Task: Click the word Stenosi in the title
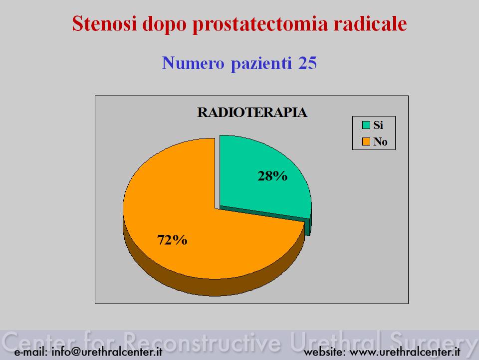tap(104, 23)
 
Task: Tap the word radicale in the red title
tap(370, 23)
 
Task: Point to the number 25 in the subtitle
tap(307, 63)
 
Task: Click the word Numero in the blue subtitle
tap(193, 63)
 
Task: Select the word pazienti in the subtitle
tap(261, 63)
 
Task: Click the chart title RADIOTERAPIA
tap(252, 112)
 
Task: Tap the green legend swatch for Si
tap(366, 125)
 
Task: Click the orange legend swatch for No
tap(366, 141)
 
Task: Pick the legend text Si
tap(378, 125)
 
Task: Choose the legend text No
tap(380, 141)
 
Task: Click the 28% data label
tap(272, 176)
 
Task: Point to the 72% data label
tap(172, 240)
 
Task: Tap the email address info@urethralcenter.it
tap(107, 351)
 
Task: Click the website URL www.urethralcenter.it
tap(405, 352)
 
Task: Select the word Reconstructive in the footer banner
tap(203, 341)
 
